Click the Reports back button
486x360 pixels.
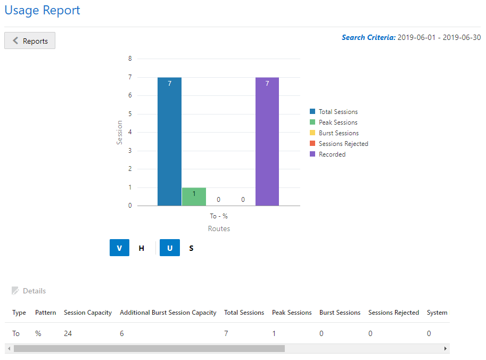click(x=30, y=41)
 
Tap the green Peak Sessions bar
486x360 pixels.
click(x=194, y=197)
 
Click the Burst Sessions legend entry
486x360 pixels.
click(x=338, y=133)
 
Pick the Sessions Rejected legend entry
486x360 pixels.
click(x=343, y=144)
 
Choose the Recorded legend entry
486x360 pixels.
click(x=332, y=154)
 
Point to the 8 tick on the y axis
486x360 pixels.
click(x=130, y=59)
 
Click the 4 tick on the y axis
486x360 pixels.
click(x=130, y=132)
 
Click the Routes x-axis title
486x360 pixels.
click(x=219, y=229)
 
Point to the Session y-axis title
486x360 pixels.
click(x=120, y=132)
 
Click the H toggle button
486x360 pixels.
click(x=142, y=248)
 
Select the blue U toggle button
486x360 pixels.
click(x=170, y=248)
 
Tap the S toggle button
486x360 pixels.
click(x=191, y=248)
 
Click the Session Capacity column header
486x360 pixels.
click(x=88, y=313)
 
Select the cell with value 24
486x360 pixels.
click(x=68, y=333)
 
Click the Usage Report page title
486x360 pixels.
click(x=43, y=10)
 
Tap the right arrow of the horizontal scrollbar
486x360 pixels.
click(x=446, y=348)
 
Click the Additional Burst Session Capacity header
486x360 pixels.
click(x=168, y=313)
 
